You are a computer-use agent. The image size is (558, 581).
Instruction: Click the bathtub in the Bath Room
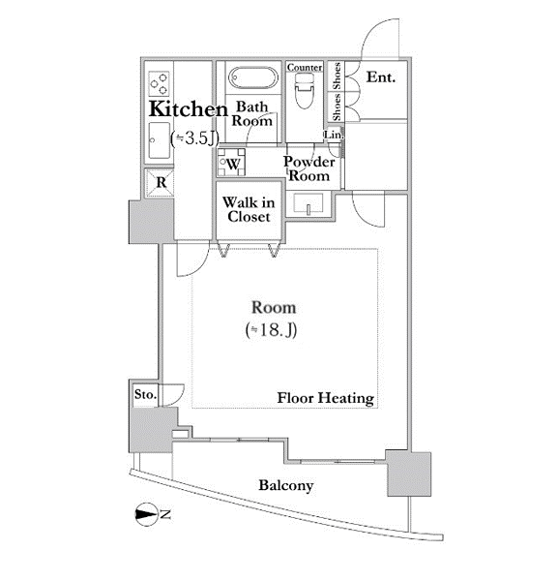tap(253, 77)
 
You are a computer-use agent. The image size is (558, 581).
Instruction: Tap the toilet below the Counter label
tap(305, 90)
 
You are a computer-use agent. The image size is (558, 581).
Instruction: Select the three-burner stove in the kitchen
tap(160, 83)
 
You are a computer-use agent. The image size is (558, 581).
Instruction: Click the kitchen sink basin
tap(160, 140)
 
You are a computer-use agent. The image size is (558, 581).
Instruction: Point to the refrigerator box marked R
tap(160, 182)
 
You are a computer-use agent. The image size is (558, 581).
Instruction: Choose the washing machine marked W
tap(231, 163)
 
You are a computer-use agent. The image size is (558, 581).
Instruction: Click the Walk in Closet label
tap(249, 210)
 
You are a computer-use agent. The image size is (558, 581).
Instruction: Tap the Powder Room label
tap(308, 168)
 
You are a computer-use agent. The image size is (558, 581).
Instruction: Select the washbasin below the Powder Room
tap(308, 204)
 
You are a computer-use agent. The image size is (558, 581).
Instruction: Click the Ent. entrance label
tap(381, 77)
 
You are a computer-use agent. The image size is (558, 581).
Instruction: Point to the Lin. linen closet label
tap(334, 135)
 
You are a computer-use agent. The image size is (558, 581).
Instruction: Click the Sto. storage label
tap(145, 394)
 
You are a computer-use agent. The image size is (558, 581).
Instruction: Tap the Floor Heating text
tap(326, 398)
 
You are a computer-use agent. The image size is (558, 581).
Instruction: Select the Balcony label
tap(286, 485)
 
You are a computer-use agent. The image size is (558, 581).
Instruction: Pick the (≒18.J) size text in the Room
tap(271, 330)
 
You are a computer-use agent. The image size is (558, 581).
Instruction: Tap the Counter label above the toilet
tap(305, 68)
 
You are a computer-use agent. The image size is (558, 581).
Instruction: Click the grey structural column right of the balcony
tap(409, 474)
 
